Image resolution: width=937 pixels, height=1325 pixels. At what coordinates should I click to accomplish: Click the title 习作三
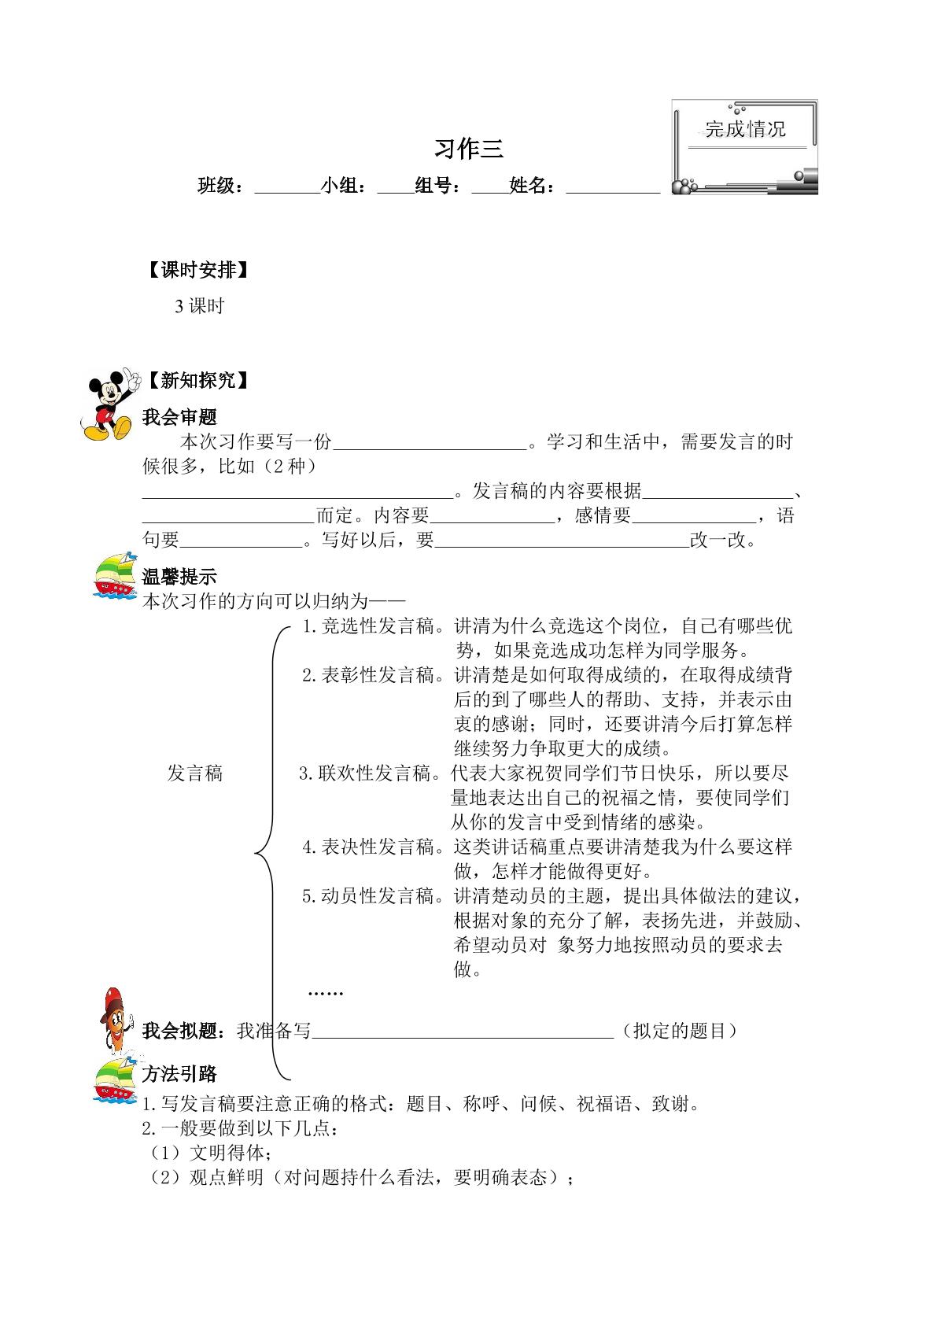pos(468,149)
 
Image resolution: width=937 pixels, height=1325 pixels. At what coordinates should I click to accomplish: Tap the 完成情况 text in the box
pos(744,129)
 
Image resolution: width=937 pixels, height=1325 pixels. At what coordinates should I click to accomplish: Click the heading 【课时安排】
pos(197,271)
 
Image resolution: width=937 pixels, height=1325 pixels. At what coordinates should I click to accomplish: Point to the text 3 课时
pos(200,307)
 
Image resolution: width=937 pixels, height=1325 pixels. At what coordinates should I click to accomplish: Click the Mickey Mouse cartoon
pos(109,405)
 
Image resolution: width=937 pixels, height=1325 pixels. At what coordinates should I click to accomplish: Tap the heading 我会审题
pos(179,417)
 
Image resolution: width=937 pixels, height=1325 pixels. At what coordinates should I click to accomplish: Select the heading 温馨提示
pos(179,577)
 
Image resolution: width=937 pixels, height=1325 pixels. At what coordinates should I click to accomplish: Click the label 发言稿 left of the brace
pos(195,773)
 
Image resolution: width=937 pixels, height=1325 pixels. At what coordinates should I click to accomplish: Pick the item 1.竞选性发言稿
pos(369,627)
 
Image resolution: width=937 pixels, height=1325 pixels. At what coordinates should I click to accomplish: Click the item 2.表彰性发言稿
pos(369,675)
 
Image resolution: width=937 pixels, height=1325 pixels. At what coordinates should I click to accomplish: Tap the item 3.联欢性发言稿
pos(367,773)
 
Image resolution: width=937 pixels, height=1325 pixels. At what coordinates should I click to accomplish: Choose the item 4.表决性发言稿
pos(369,847)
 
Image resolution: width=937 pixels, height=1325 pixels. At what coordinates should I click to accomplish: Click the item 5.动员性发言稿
pos(369,896)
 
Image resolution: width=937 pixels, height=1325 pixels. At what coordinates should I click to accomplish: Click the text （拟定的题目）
pos(679,1031)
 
